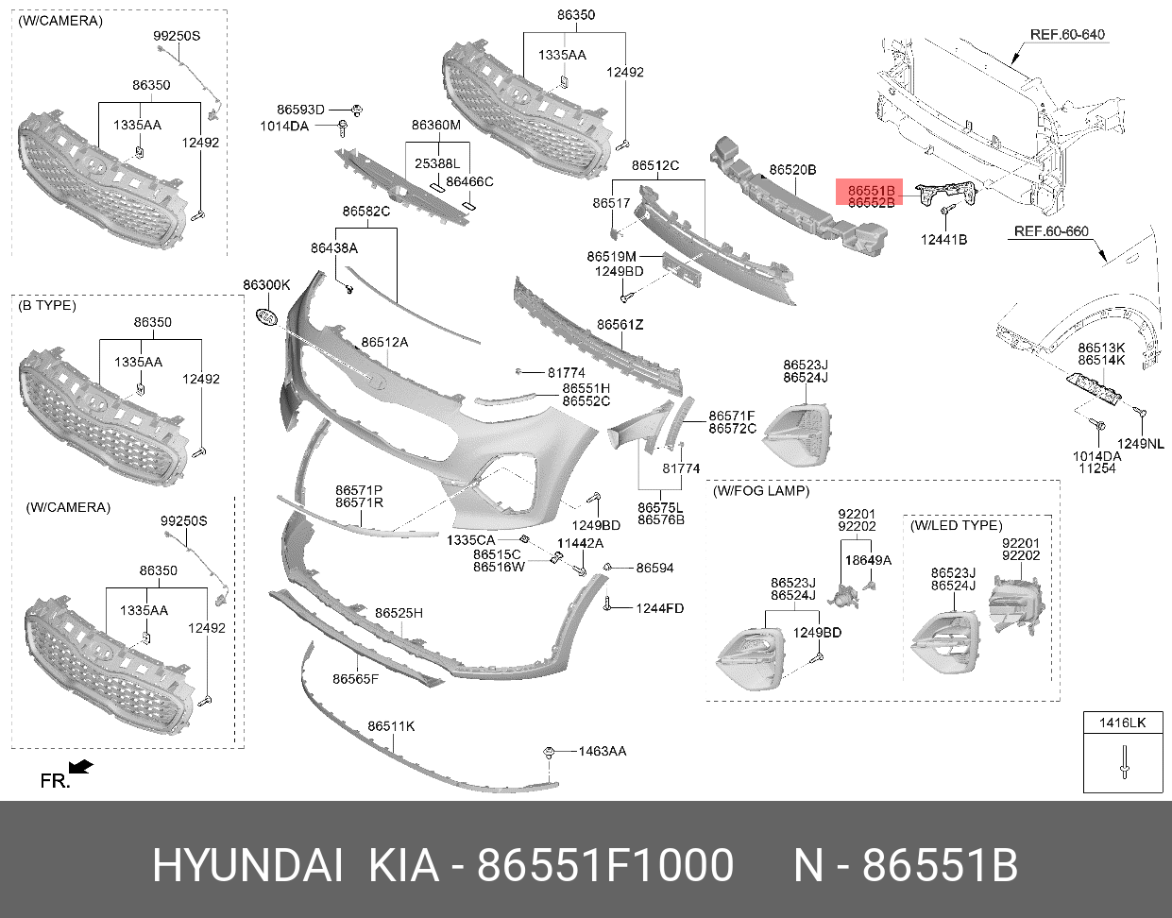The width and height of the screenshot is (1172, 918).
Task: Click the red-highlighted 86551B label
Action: coord(871,191)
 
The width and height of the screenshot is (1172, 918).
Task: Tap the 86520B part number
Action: coord(792,169)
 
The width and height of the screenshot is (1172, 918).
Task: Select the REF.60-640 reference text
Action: coord(1067,35)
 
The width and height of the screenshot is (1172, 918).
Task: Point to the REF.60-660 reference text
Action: coord(1051,231)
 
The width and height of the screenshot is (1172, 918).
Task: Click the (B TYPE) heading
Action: coord(47,305)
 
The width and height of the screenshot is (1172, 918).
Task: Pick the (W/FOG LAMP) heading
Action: coord(761,491)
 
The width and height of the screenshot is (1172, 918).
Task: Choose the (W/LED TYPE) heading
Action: coord(956,525)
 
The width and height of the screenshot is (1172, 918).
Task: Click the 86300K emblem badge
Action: coord(266,317)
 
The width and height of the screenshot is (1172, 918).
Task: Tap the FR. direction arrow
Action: coord(81,767)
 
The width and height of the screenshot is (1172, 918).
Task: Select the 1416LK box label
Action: coord(1122,722)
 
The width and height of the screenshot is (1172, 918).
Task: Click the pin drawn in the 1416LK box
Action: coord(1124,762)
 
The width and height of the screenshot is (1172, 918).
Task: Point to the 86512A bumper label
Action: coord(384,342)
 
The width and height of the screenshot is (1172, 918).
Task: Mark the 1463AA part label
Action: coord(602,751)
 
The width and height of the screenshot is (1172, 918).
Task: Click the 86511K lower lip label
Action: coord(391,726)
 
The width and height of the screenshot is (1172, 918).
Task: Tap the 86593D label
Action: coord(300,110)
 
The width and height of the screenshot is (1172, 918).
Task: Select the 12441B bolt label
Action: coord(943,240)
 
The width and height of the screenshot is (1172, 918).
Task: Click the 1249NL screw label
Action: coord(1140,443)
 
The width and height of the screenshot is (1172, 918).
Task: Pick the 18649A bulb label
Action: coord(868,560)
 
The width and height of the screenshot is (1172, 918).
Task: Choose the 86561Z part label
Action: coord(620,324)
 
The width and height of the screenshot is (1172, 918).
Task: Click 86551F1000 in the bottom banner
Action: coord(605,865)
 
